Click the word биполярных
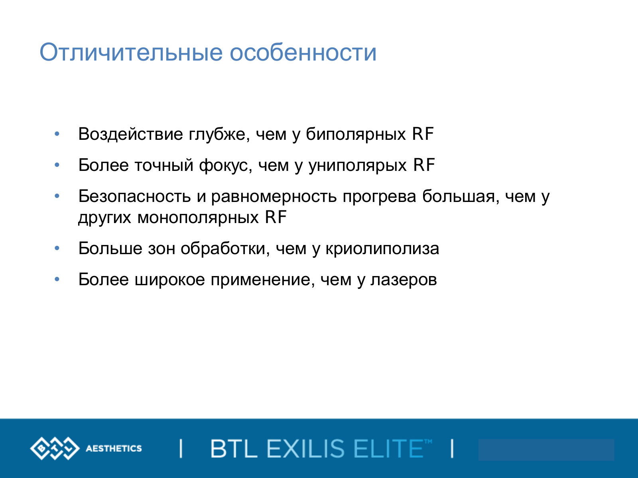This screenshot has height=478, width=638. [x=356, y=135]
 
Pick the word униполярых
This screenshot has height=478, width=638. [x=358, y=166]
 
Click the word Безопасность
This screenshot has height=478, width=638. [x=134, y=196]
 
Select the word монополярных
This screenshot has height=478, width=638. [x=198, y=217]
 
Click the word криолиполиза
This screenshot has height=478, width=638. [x=382, y=249]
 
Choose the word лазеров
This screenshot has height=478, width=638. [x=404, y=280]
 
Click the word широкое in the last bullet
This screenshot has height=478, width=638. [x=170, y=280]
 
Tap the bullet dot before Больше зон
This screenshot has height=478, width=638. [x=57, y=248]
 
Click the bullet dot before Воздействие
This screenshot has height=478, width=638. [x=57, y=134]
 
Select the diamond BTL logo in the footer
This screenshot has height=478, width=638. [x=55, y=449]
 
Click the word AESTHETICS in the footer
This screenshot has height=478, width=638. [x=114, y=449]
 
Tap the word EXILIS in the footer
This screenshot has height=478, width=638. [x=305, y=449]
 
